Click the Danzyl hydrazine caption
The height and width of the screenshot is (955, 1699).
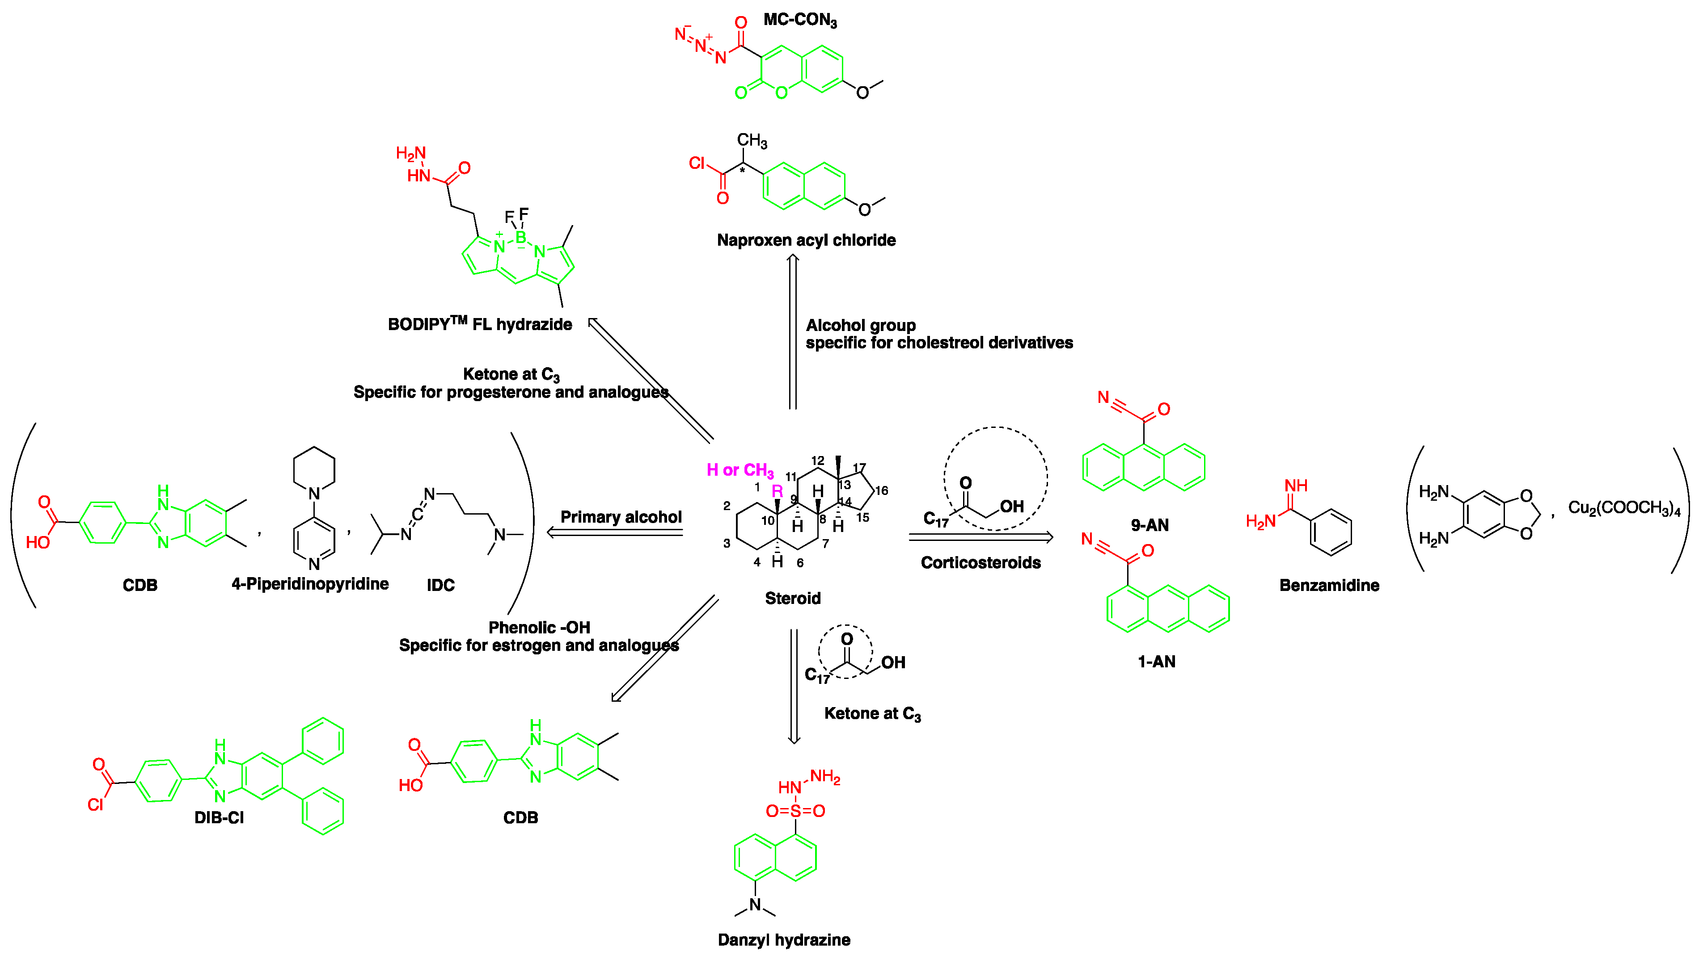(783, 939)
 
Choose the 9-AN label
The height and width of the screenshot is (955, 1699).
(1149, 525)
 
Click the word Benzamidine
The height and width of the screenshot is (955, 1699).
(1328, 585)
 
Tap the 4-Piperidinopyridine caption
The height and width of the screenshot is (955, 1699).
(310, 584)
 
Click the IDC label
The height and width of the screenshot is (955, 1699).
(440, 585)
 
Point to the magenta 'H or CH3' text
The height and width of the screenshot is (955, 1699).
(740, 470)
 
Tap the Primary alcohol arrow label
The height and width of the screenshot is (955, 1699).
(621, 517)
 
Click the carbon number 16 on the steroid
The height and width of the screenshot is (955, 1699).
(881, 490)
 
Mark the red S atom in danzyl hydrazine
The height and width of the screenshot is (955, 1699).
(795, 811)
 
